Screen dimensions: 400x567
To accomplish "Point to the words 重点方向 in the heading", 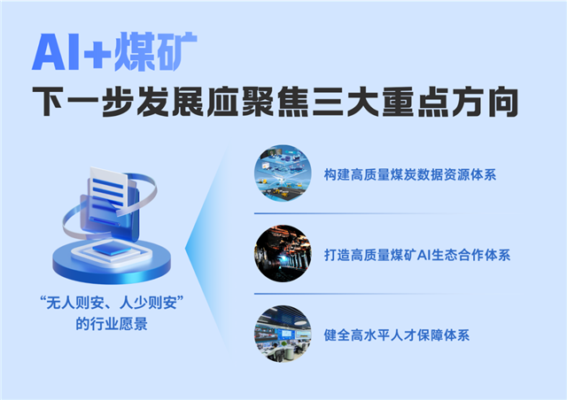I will point(454,104).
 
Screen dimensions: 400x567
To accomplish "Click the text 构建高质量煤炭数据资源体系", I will point(409,174).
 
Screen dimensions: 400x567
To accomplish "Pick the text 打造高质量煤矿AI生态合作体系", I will point(417,255).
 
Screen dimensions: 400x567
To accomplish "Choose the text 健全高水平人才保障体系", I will point(396,335).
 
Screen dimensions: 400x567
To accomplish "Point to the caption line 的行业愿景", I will point(112,324).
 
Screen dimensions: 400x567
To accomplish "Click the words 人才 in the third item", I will point(403,335).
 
